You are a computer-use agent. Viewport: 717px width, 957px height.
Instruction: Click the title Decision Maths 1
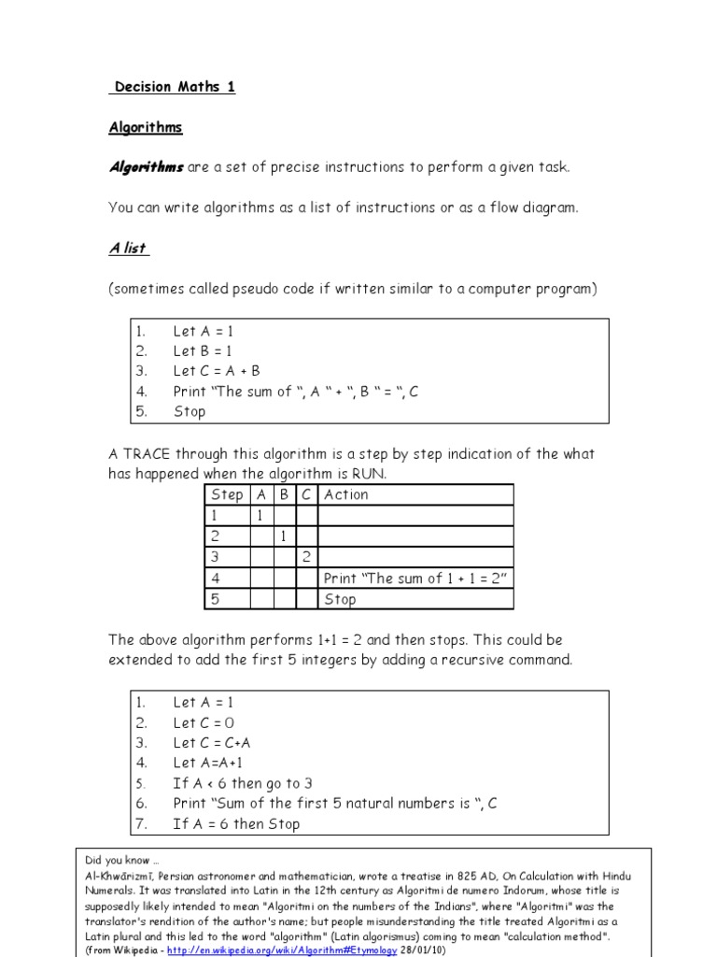(x=175, y=87)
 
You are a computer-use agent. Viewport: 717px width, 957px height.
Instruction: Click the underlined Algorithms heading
(x=146, y=127)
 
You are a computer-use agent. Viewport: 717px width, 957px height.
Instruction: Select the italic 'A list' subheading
(x=128, y=248)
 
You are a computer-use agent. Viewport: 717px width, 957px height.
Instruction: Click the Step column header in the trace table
(x=227, y=494)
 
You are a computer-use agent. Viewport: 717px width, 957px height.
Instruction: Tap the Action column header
(x=346, y=494)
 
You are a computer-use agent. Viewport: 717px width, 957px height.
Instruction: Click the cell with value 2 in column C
(x=306, y=558)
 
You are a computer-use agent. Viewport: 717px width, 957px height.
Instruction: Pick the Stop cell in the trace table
(x=340, y=599)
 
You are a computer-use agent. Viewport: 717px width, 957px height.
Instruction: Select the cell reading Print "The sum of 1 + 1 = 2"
(x=415, y=578)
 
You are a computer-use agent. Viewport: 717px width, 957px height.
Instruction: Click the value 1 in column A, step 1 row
(x=260, y=516)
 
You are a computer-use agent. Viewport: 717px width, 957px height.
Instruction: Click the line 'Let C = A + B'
(x=217, y=371)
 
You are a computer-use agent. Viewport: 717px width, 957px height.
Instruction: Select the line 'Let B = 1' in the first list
(x=204, y=351)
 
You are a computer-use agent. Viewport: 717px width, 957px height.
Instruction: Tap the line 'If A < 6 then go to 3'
(x=236, y=784)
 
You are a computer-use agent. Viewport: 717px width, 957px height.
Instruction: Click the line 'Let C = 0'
(x=204, y=722)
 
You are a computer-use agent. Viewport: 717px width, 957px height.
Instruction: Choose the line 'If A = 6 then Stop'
(x=236, y=824)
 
